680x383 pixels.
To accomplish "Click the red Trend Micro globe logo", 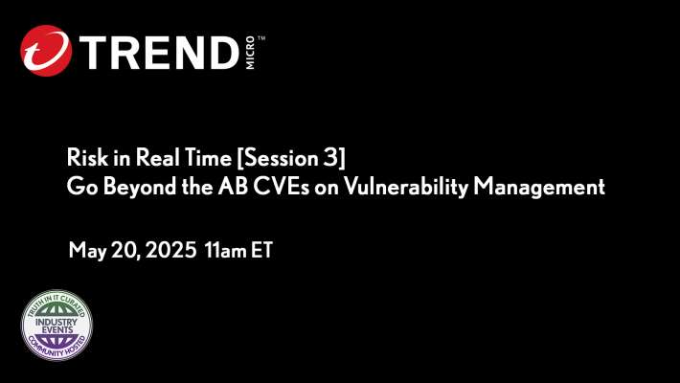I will pos(45,51).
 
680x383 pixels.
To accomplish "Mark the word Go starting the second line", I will pos(79,187).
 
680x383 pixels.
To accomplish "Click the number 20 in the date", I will pos(125,252).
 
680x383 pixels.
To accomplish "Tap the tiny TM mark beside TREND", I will pos(261,38).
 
